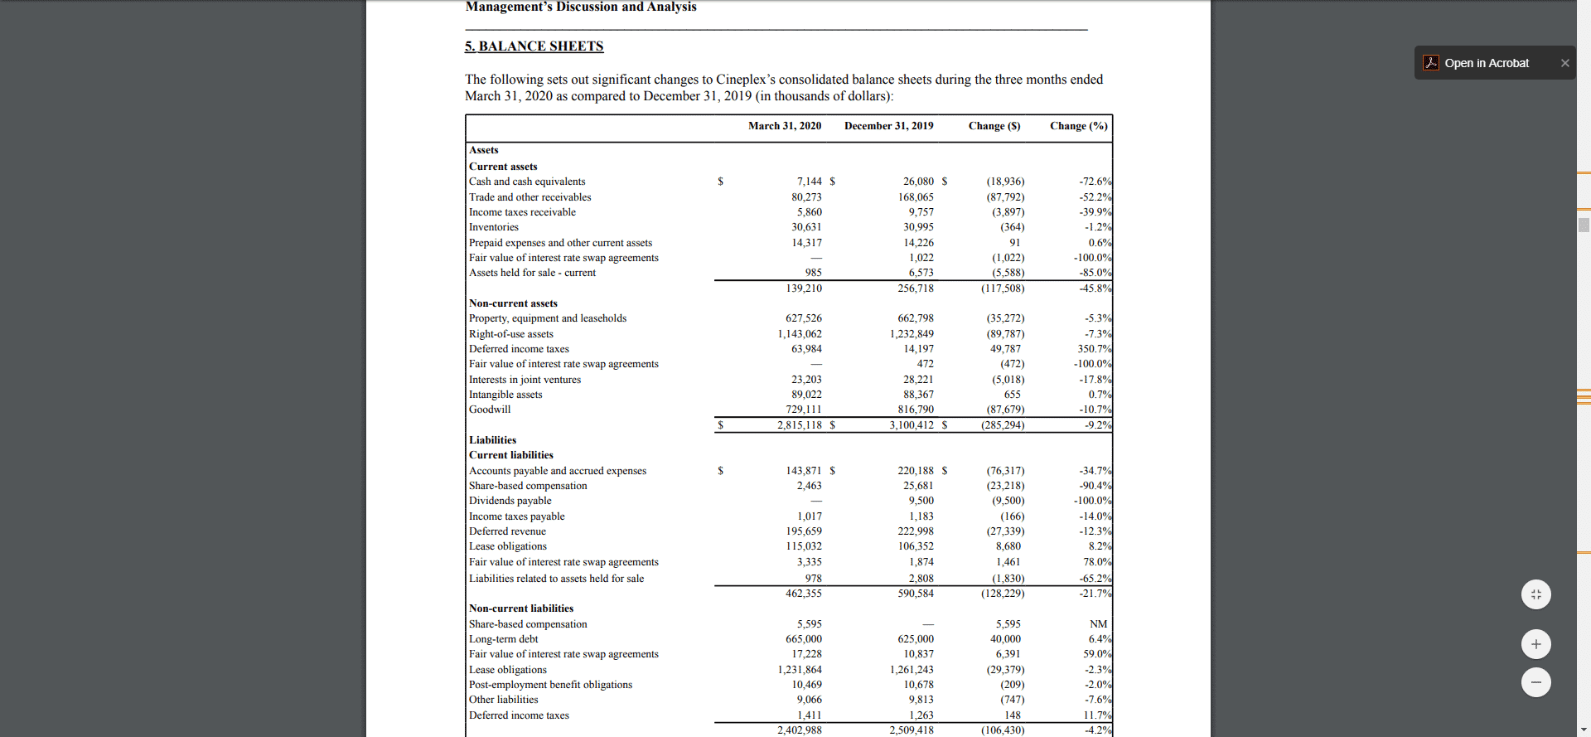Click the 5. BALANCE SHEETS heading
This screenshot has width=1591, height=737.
pos(534,46)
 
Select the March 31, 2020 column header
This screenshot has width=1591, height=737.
pos(784,126)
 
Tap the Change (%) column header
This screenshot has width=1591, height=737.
pos(1078,126)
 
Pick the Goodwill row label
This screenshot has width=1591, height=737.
pos(490,410)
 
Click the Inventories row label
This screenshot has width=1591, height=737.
pos(494,227)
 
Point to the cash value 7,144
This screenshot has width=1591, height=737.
pos(809,182)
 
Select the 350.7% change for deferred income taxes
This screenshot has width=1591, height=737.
pos(1094,349)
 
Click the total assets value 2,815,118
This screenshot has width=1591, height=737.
pos(799,425)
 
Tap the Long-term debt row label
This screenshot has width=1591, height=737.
pos(503,639)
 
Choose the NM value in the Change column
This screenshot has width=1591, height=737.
pos(1098,624)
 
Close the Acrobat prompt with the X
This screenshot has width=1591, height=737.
pos(1564,63)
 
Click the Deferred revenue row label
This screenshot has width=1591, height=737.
pos(507,531)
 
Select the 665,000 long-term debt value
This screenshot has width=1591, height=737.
pos(803,639)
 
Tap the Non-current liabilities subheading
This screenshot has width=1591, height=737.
pos(520,609)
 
